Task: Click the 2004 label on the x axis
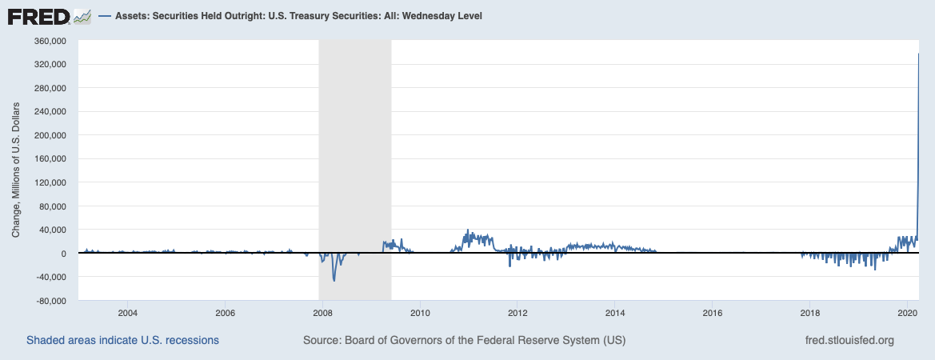(x=127, y=312)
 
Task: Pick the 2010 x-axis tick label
(x=420, y=312)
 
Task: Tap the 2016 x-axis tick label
(x=713, y=312)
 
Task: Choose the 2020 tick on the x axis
(x=908, y=312)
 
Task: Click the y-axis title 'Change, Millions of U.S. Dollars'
(x=16, y=170)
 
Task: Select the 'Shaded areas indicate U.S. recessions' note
(x=122, y=340)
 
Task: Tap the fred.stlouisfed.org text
(x=849, y=340)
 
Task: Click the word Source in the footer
(x=322, y=340)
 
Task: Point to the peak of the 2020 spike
(x=918, y=54)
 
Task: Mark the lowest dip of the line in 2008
(x=334, y=281)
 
